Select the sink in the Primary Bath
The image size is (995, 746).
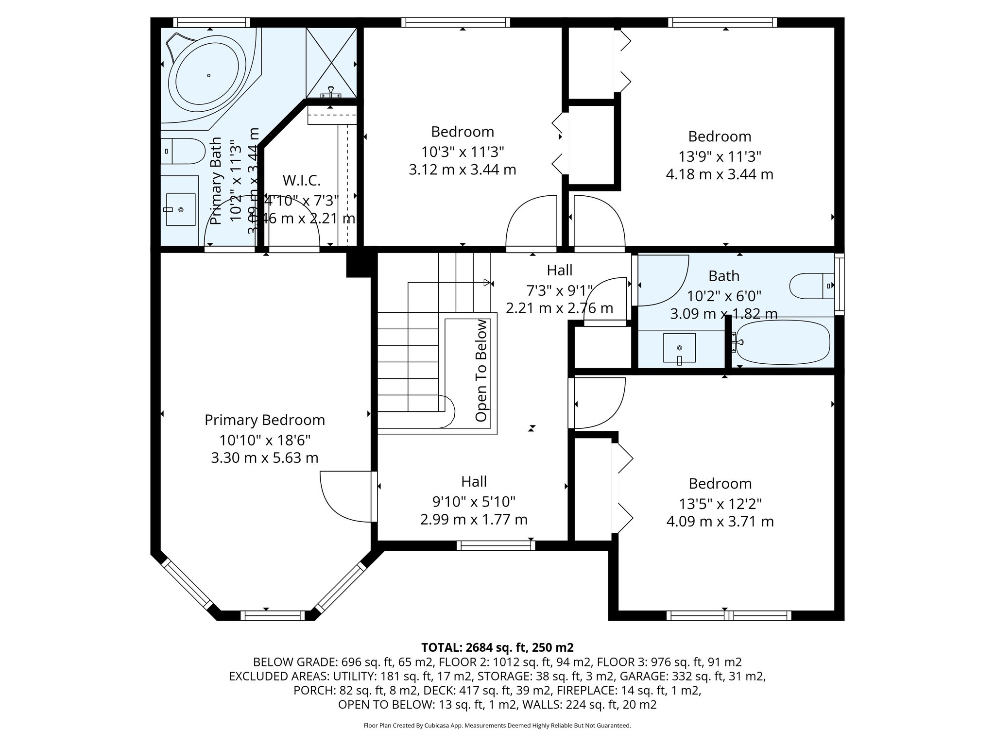181,210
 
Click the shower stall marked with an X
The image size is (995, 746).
331,62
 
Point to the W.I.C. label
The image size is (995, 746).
302,181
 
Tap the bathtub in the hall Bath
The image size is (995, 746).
782,342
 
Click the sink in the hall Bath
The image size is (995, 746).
679,348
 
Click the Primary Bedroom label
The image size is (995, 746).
265,420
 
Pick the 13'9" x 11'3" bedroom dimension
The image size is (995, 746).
720,156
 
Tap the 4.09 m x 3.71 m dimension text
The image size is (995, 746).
720,522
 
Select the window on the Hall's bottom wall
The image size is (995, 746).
496,545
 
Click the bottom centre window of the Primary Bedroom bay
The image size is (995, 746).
273,615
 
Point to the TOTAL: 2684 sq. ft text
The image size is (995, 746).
497,647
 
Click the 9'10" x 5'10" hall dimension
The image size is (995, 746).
474,501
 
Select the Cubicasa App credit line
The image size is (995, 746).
497,726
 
